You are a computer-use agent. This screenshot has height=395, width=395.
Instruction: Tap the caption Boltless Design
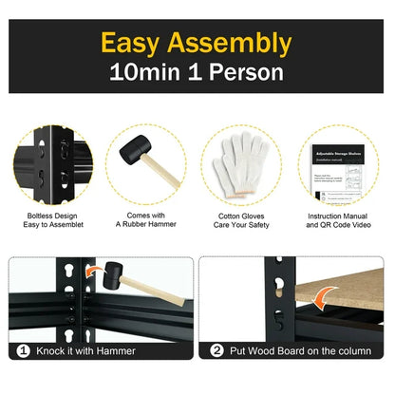(51, 216)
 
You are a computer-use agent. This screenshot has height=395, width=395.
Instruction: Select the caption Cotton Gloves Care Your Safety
(242, 221)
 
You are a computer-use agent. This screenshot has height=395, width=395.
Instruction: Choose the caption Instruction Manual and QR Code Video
(341, 221)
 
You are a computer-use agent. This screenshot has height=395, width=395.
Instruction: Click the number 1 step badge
(23, 350)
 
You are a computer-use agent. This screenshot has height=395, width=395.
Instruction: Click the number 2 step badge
(216, 350)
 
